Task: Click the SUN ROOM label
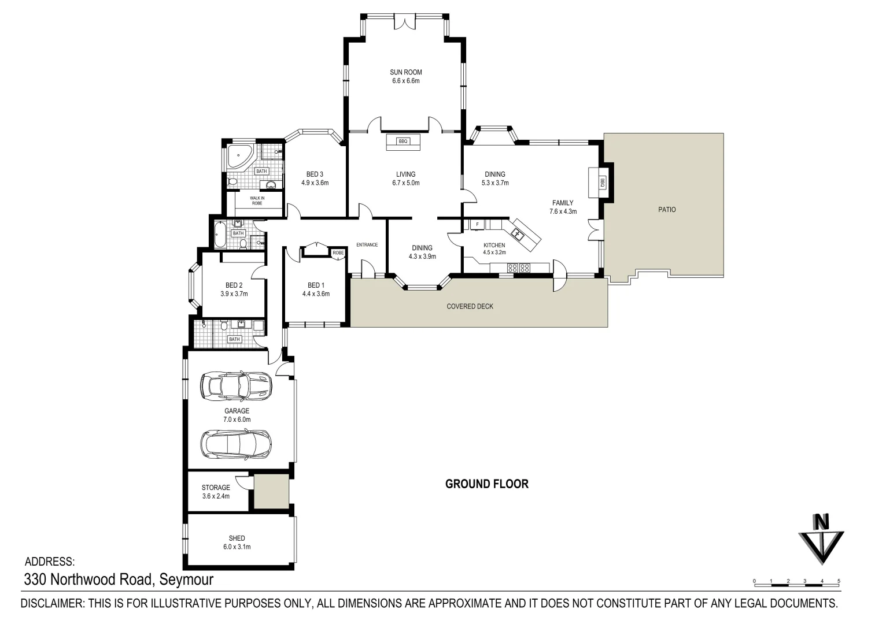click(x=406, y=72)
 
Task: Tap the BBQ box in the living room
click(x=403, y=142)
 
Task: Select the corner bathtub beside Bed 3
click(x=240, y=158)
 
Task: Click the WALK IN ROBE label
click(x=257, y=200)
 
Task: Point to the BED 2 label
click(x=234, y=285)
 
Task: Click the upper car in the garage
click(x=236, y=385)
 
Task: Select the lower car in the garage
click(x=236, y=444)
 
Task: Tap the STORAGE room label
click(x=216, y=488)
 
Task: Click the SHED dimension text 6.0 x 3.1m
click(x=237, y=547)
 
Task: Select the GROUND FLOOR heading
click(x=487, y=484)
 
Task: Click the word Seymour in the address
click(x=186, y=580)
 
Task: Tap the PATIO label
click(x=667, y=210)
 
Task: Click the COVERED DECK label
click(x=470, y=306)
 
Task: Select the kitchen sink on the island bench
click(x=518, y=234)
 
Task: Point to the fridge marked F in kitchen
click(x=477, y=224)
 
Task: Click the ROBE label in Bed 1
click(x=338, y=252)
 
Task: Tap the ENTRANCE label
click(x=367, y=244)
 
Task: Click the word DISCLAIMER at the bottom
click(x=53, y=603)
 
